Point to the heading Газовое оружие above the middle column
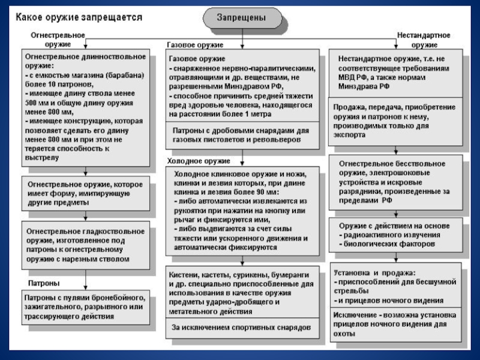(x=194, y=45)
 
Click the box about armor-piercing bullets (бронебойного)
(x=84, y=306)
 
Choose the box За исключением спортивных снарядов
(x=241, y=328)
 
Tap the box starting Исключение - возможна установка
(x=396, y=324)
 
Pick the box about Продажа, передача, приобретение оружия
(x=396, y=120)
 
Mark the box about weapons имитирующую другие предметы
(x=84, y=193)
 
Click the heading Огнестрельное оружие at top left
(x=58, y=40)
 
